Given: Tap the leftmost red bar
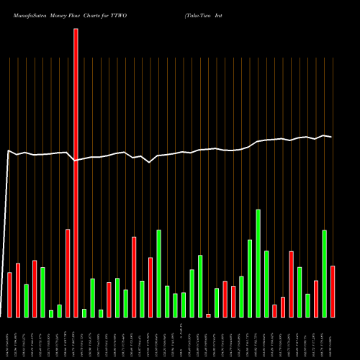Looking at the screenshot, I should [9, 294].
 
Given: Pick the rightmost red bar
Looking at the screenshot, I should [333, 291].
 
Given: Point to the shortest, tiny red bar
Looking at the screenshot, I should [208, 315].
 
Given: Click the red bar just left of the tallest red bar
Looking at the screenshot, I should [68, 273].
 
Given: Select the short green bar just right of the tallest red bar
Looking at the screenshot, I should [84, 312].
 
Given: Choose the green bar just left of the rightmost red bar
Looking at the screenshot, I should [324, 274].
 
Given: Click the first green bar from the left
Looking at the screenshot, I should [26, 300].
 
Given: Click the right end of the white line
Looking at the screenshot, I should [332, 137].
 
